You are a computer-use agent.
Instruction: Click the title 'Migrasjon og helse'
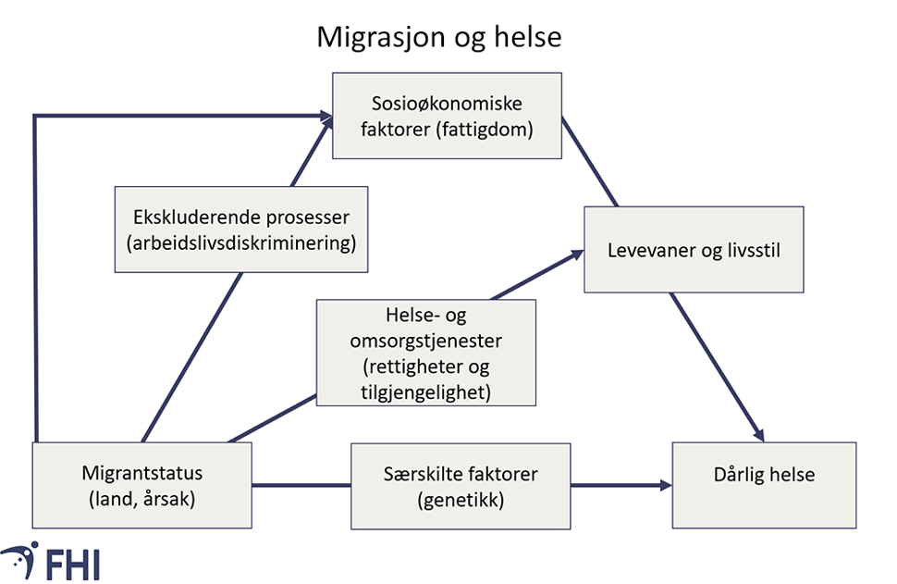(439, 37)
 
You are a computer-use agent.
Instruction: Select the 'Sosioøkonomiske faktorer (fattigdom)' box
(448, 115)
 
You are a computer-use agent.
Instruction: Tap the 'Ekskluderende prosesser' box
(240, 230)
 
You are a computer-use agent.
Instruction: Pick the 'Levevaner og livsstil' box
(694, 250)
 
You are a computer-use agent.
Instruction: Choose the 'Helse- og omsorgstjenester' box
(426, 352)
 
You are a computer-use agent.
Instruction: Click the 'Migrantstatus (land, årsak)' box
(141, 485)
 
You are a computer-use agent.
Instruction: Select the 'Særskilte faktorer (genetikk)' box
(460, 485)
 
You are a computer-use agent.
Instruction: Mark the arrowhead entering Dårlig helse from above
(758, 434)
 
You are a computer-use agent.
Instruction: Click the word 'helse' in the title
(530, 37)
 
